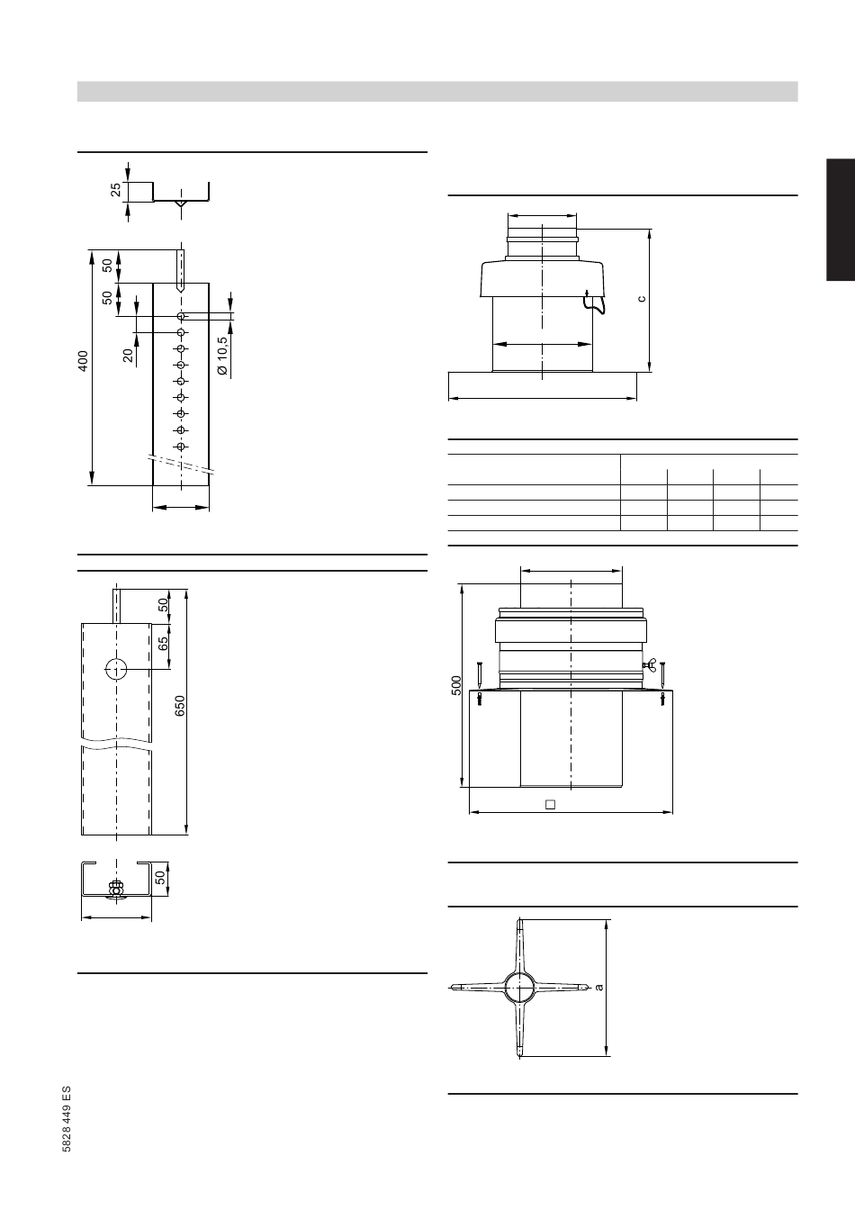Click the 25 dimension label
click(115, 190)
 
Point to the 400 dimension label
click(83, 361)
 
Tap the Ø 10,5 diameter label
click(222, 356)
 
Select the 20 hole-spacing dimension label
click(128, 355)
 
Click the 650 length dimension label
click(180, 706)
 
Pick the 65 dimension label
click(163, 644)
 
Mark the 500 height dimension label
click(456, 685)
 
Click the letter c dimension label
click(642, 298)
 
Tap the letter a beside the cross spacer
click(598, 988)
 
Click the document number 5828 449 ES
click(67, 1119)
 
